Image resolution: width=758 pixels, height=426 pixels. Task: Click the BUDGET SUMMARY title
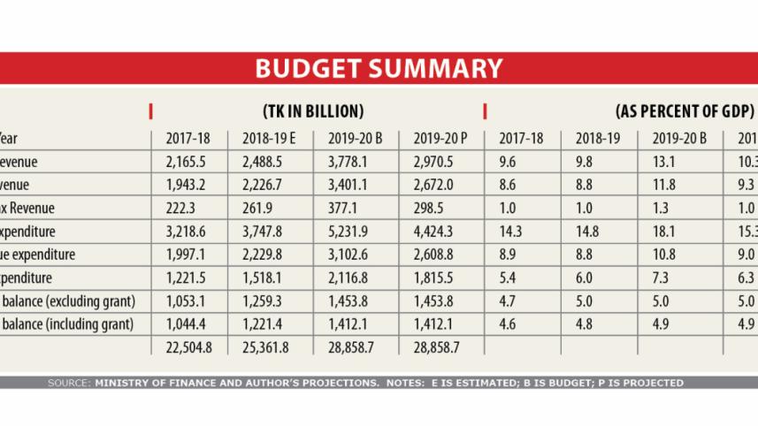pos(379,69)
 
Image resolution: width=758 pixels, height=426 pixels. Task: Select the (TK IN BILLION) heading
pos(313,111)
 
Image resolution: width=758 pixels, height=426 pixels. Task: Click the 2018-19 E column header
pos(266,138)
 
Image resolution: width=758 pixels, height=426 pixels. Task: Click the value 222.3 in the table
pos(182,209)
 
